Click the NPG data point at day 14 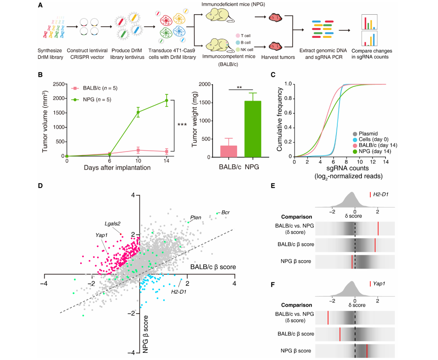point(167,100)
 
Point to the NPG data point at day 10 point(138,113)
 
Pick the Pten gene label point(196,217)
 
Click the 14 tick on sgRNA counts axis point(385,162)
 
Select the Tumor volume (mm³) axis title point(45,119)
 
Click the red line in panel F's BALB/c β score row point(340,333)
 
